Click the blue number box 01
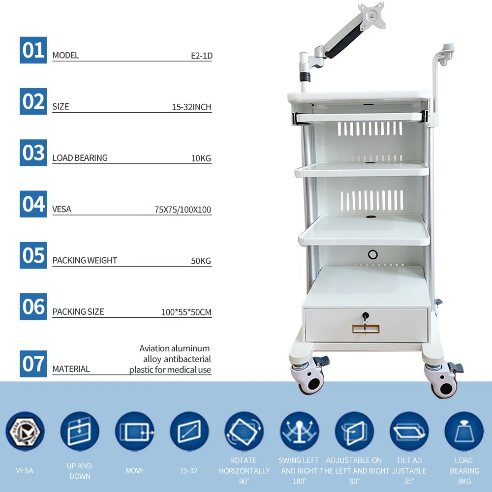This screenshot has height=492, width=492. click(33, 50)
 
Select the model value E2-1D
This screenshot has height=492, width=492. click(201, 56)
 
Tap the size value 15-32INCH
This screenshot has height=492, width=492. click(191, 107)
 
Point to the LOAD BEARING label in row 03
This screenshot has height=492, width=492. click(80, 158)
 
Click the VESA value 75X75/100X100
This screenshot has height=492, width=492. click(183, 210)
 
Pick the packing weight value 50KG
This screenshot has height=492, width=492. click(201, 261)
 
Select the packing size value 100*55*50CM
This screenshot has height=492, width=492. click(186, 312)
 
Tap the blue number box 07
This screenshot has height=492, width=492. click(33, 364)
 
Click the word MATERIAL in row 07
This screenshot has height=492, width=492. click(71, 369)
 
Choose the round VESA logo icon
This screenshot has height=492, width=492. click(25, 431)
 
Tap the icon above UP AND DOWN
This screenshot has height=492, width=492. click(80, 431)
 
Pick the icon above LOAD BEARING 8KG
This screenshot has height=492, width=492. click(464, 431)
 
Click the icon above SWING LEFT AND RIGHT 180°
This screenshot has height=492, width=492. click(299, 431)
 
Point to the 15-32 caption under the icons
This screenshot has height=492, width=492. click(188, 471)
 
